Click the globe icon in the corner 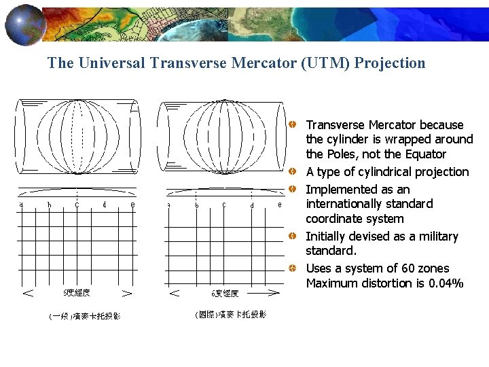pyautogui.click(x=25, y=24)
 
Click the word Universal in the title pyautogui.click(x=110, y=63)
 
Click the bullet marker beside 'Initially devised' pyautogui.click(x=291, y=237)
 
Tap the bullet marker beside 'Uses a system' pyautogui.click(x=291, y=268)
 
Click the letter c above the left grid pyautogui.click(x=77, y=204)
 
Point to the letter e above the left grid pyautogui.click(x=132, y=204)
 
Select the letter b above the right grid pyautogui.click(x=197, y=205)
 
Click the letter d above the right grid pyautogui.click(x=252, y=205)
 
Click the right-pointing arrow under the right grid pyautogui.click(x=272, y=294)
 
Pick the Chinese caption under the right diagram pyautogui.click(x=230, y=315)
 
